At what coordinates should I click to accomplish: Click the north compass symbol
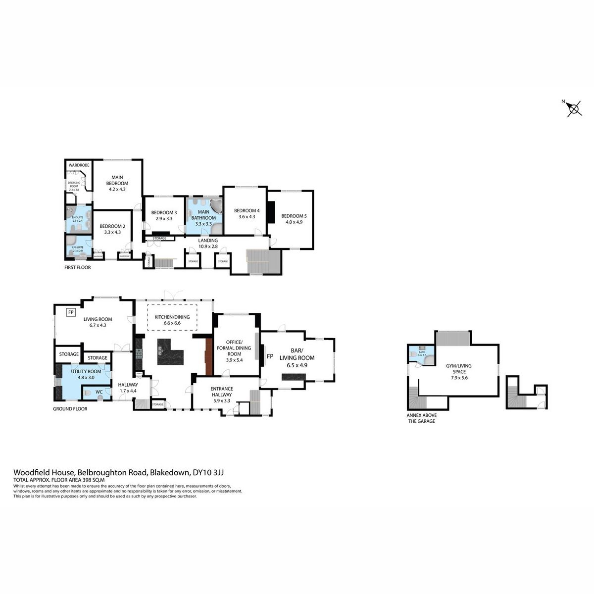click(574, 108)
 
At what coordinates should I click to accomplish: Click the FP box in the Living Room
click(71, 312)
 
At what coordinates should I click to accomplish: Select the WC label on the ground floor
click(99, 392)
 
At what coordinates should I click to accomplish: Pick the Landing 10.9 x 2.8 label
click(208, 243)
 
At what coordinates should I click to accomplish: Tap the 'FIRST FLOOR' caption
click(78, 267)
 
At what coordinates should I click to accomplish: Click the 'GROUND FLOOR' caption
click(70, 409)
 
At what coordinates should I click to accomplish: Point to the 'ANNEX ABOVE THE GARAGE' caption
click(421, 418)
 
